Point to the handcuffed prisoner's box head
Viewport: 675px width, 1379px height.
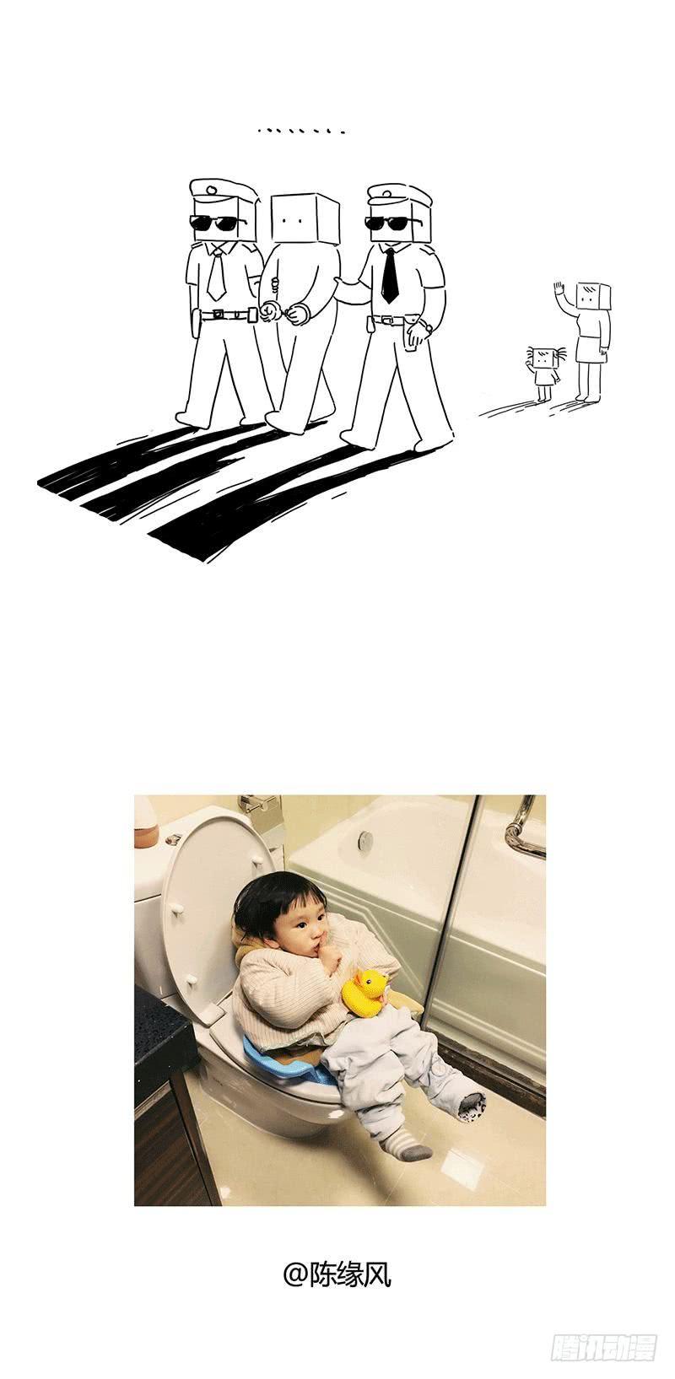pyautogui.click(x=305, y=218)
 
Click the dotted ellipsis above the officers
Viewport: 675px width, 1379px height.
pyautogui.click(x=301, y=131)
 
